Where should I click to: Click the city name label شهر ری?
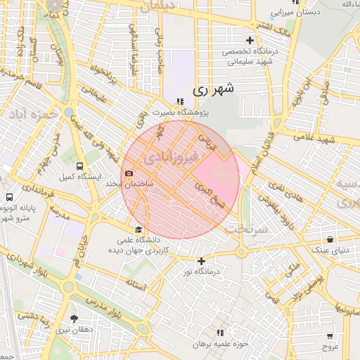click(211, 89)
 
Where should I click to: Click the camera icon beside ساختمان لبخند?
click(128, 174)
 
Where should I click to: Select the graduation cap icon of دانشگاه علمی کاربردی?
click(139, 230)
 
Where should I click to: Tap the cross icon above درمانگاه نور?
click(201, 261)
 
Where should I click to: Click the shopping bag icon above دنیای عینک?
click(329, 239)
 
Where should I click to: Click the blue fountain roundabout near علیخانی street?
click(68, 112)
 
